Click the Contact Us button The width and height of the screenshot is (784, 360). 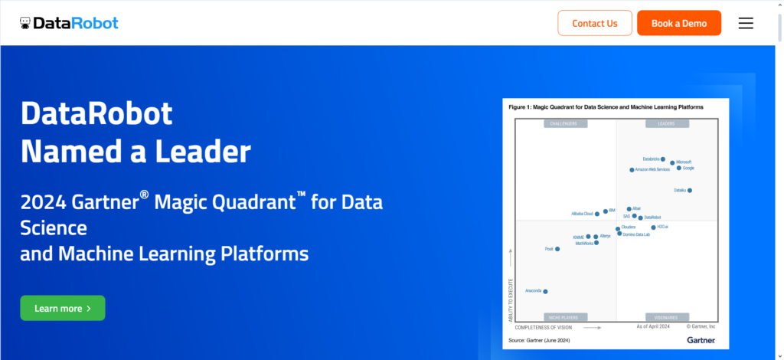(x=595, y=23)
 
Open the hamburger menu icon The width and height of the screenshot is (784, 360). (x=746, y=23)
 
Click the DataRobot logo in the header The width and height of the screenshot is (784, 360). (x=70, y=23)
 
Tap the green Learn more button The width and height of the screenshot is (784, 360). (x=63, y=308)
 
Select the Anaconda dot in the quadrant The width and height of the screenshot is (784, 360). (x=545, y=291)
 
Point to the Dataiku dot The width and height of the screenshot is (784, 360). (x=690, y=190)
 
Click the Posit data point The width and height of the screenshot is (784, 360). (x=557, y=249)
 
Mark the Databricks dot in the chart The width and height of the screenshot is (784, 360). (x=663, y=159)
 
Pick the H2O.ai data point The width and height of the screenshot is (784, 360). (x=653, y=227)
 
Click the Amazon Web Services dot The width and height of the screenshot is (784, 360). (x=632, y=170)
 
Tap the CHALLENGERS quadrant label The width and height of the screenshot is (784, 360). (x=566, y=123)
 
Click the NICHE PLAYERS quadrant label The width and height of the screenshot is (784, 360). (x=566, y=316)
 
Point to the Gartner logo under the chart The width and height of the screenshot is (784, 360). (x=701, y=339)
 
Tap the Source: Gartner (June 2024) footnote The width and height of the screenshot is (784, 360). (x=539, y=339)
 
